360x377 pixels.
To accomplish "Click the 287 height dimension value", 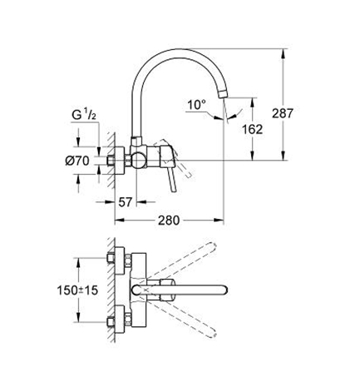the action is click(x=282, y=113).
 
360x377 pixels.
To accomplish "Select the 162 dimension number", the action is click(x=252, y=129).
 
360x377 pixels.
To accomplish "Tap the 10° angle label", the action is click(x=197, y=105).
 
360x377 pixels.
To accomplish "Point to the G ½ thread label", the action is click(x=84, y=115).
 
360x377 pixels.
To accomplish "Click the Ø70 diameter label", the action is click(x=77, y=161).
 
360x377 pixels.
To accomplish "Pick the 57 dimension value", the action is click(x=126, y=202).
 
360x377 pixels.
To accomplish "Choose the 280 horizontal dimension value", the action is click(x=169, y=221).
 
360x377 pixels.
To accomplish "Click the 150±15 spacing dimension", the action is click(x=77, y=290).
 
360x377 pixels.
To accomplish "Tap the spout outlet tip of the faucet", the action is click(x=224, y=94).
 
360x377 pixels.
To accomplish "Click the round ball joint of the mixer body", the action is click(x=137, y=160).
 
